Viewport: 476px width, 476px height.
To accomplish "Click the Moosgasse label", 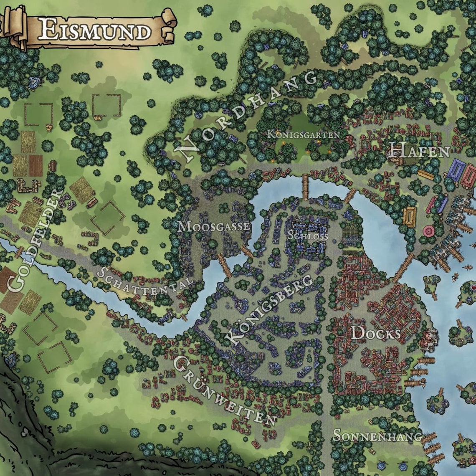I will pos(214,227).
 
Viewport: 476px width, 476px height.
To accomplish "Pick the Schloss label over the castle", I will pos(308,235).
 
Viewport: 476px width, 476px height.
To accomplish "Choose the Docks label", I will pos(376,333).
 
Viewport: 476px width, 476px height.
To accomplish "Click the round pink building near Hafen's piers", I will pos(429,230).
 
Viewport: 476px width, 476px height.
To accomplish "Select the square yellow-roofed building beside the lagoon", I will pos(410,216).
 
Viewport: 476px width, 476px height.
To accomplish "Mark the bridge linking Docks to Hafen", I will pos(403,268).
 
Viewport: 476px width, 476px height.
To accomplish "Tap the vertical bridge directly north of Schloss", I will pos(305,187).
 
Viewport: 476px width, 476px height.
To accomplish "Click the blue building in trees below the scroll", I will pos(33,83).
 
